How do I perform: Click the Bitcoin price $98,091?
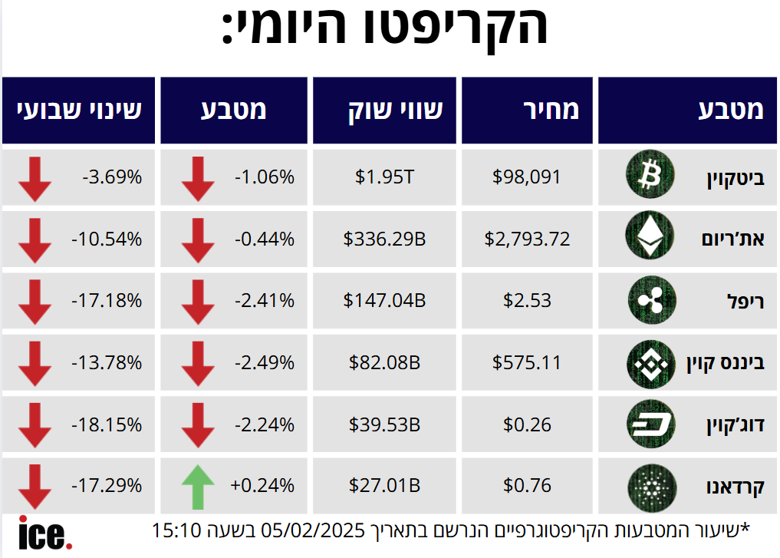tap(527, 177)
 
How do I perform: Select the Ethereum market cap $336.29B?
tap(384, 239)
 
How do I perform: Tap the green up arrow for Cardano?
tap(199, 486)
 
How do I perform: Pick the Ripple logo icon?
tap(650, 300)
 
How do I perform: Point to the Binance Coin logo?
tap(650, 362)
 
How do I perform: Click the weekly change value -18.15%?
tap(107, 424)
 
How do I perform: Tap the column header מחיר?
tap(527, 111)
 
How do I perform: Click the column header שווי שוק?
tap(384, 111)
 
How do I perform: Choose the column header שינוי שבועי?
tap(78, 111)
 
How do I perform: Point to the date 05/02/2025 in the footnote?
tap(315, 529)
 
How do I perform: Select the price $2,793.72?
tap(527, 239)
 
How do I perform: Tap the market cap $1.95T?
tap(384, 177)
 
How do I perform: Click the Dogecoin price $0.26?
tap(527, 424)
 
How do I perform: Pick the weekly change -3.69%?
tap(112, 177)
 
